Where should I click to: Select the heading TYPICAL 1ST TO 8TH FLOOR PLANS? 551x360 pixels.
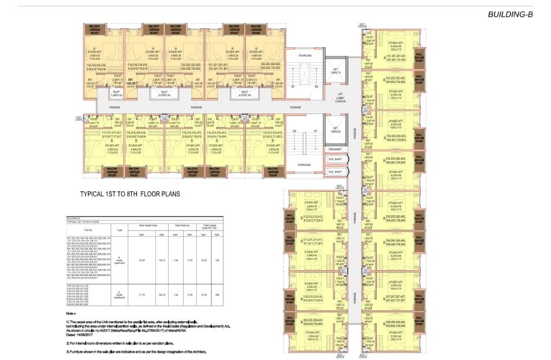click(130, 194)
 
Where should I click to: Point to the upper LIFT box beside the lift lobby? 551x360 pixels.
click(335, 70)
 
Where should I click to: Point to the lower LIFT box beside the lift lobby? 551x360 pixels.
click(335, 130)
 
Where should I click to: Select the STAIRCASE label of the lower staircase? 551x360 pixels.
click(304, 165)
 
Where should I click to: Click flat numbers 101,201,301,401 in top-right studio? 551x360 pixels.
click(393, 57)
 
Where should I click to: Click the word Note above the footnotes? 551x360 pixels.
click(70, 313)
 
